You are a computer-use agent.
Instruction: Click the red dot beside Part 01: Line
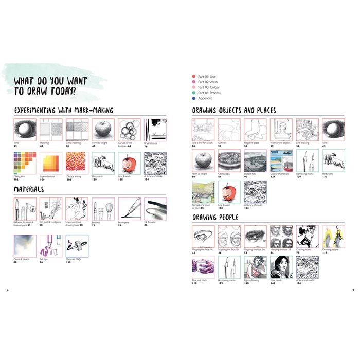[x=193, y=76]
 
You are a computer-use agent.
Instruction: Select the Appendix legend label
[x=205, y=98]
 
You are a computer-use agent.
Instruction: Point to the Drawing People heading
[x=216, y=217]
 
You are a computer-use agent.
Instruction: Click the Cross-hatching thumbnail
[x=77, y=130]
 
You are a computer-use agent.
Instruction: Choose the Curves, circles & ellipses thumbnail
[x=129, y=130]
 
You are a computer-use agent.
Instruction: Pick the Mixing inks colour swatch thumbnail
[x=24, y=163]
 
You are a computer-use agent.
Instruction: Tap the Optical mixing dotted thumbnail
[x=77, y=163]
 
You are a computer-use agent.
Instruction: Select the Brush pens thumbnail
[x=129, y=209]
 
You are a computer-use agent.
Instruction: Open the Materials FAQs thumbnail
[x=77, y=246]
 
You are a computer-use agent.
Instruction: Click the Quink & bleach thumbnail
[x=24, y=246]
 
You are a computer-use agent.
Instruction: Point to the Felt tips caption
[x=45, y=259]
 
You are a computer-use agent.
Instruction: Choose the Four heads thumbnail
[x=281, y=267]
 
